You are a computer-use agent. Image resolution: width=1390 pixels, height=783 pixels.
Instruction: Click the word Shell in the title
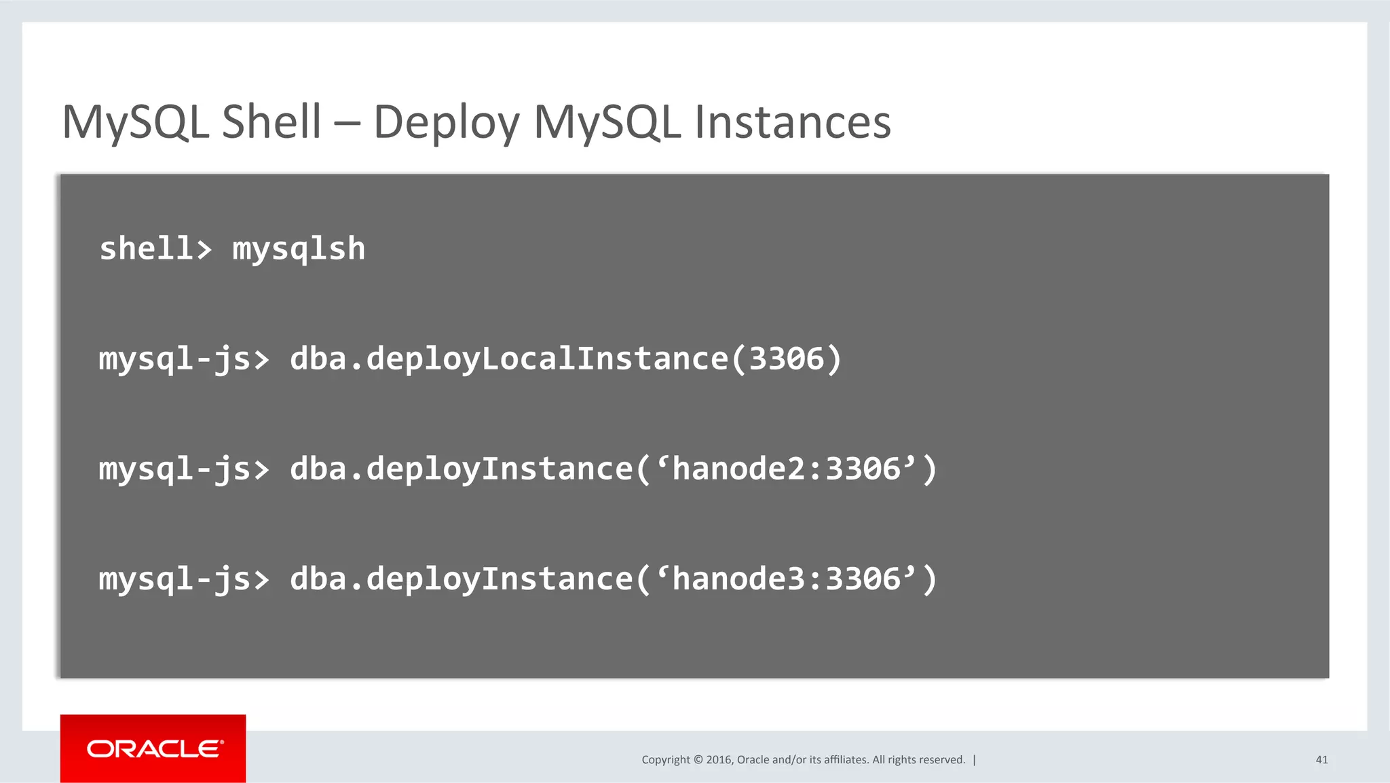click(x=271, y=122)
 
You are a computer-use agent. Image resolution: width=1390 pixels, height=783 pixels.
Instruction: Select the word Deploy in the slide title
click(x=446, y=124)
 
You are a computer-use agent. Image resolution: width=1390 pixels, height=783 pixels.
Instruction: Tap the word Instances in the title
click(x=792, y=122)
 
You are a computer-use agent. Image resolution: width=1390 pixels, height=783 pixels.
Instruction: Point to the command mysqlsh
click(x=299, y=249)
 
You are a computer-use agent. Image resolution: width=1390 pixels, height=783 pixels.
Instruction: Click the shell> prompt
click(x=155, y=249)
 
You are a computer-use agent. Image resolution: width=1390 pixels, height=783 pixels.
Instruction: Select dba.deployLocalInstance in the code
click(x=509, y=359)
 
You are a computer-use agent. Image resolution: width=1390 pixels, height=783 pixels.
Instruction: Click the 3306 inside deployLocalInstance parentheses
click(x=786, y=359)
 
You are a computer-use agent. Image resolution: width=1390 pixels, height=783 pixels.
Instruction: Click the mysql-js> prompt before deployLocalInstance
click(x=184, y=359)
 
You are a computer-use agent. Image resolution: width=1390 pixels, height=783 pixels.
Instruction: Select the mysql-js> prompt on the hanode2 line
click(x=184, y=469)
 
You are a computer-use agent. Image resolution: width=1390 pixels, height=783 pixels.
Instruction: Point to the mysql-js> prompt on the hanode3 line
click(x=184, y=579)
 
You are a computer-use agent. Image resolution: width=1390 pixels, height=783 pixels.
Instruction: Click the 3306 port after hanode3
click(x=863, y=579)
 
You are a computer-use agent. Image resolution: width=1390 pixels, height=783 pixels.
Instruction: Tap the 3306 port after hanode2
click(x=863, y=469)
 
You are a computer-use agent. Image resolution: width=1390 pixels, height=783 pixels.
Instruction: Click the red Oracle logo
click(x=153, y=748)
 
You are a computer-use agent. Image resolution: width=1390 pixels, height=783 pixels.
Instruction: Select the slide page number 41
click(x=1321, y=760)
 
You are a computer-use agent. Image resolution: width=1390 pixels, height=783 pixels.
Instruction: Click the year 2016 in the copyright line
click(x=719, y=760)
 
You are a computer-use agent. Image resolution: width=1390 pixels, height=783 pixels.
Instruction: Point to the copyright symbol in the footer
click(x=698, y=760)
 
